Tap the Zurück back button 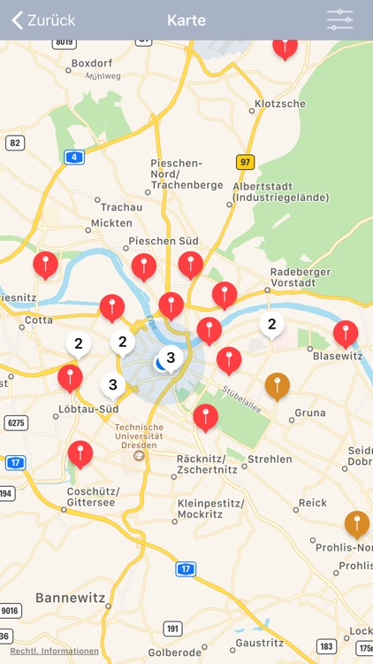(x=43, y=20)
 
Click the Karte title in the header (x=186, y=20)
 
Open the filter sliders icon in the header (x=339, y=20)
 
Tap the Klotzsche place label (x=279, y=104)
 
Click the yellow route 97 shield (x=245, y=162)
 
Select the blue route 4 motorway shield (x=74, y=157)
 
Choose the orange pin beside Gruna (x=278, y=385)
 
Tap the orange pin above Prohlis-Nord (x=356, y=523)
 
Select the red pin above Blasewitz (x=346, y=333)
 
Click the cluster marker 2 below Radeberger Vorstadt (x=271, y=325)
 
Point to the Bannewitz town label (x=70, y=598)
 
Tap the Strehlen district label (x=270, y=459)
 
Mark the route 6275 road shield (x=15, y=423)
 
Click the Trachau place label (x=121, y=206)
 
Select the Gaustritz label (x=260, y=643)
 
